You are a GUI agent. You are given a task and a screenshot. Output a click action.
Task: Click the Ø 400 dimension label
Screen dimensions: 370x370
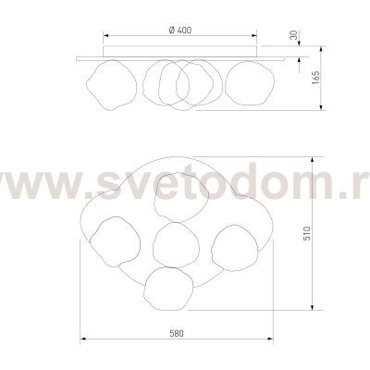coord(180,30)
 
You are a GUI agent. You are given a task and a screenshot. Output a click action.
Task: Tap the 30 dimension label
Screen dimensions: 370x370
coord(294,35)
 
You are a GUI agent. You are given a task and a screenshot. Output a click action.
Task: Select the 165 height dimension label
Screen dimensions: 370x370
coord(315,78)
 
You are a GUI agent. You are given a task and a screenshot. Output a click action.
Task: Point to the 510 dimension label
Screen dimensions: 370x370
coord(306,233)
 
